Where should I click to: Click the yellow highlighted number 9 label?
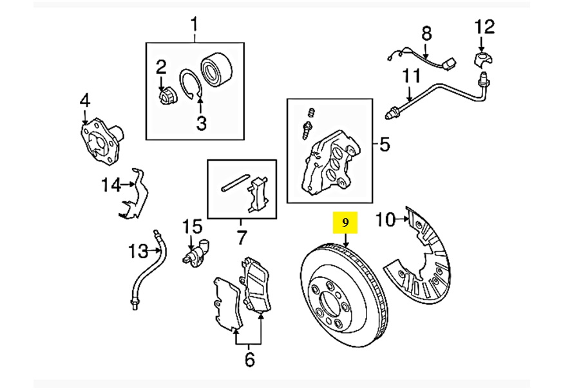[345, 223]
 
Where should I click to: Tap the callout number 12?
[484, 27]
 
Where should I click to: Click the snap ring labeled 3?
[191, 84]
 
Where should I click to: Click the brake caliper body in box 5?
[331, 163]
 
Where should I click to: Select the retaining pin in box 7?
[235, 183]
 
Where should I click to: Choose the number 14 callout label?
[111, 185]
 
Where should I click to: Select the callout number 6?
[249, 359]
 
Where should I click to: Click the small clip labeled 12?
[483, 60]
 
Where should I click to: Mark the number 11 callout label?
[412, 76]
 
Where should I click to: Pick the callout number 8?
[426, 34]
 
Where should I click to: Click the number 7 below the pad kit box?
[242, 237]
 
